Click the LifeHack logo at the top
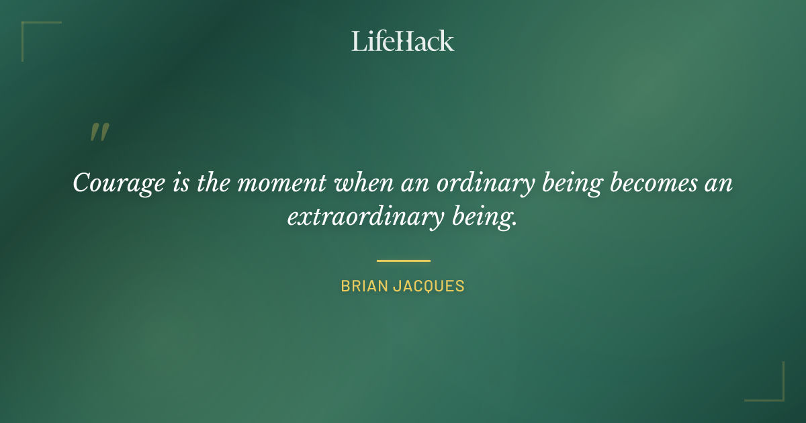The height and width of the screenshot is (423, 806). pos(403,41)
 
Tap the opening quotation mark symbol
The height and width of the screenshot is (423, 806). pos(99,132)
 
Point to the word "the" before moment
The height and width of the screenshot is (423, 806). pos(214,183)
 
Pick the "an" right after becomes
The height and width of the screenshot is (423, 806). pos(719,183)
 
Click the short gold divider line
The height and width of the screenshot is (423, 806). pos(403,261)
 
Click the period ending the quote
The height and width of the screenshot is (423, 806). pos(515,224)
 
